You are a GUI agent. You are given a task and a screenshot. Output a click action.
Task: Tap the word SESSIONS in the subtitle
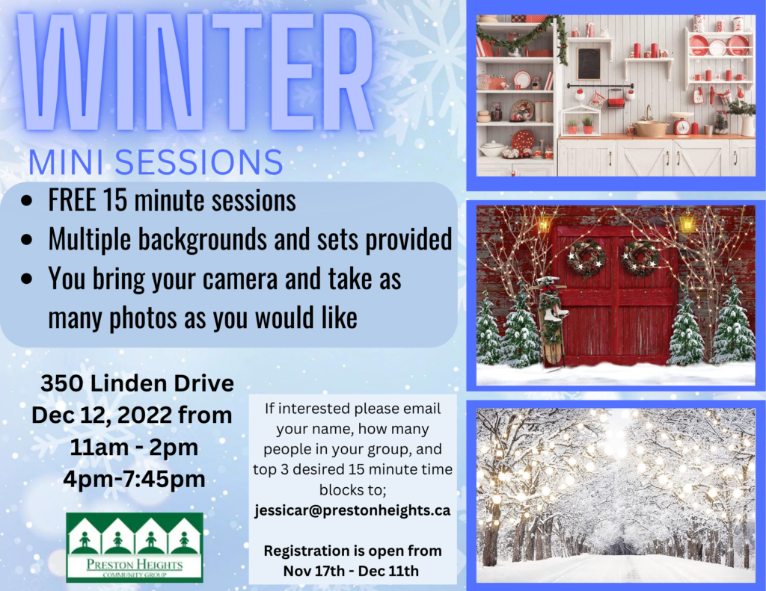click(x=199, y=163)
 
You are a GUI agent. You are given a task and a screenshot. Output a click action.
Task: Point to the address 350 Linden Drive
click(x=138, y=383)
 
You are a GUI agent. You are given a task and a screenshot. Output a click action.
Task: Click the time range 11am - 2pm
click(x=134, y=447)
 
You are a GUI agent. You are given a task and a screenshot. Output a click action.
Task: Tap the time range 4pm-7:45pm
click(x=134, y=479)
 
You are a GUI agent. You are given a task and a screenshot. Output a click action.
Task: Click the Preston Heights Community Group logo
click(x=135, y=547)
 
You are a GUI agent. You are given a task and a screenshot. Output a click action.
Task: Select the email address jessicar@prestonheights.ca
click(x=352, y=510)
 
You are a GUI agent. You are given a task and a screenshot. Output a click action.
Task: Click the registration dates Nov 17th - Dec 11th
click(x=352, y=571)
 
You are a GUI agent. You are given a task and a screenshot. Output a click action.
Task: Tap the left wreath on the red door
click(x=586, y=258)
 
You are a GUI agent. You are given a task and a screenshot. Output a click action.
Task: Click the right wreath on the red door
click(x=640, y=258)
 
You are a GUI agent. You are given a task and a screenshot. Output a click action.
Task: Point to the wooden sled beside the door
click(x=552, y=322)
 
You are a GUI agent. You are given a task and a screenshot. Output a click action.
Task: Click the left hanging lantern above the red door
click(x=544, y=223)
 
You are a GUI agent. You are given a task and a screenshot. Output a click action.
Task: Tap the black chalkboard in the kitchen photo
click(x=589, y=64)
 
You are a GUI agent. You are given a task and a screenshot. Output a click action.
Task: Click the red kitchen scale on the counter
click(x=681, y=124)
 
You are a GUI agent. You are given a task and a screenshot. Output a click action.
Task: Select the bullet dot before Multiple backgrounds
click(x=28, y=240)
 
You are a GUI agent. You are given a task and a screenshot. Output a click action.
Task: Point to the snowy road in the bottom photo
click(x=616, y=568)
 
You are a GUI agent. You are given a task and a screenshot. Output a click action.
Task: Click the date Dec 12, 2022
click(x=102, y=415)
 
